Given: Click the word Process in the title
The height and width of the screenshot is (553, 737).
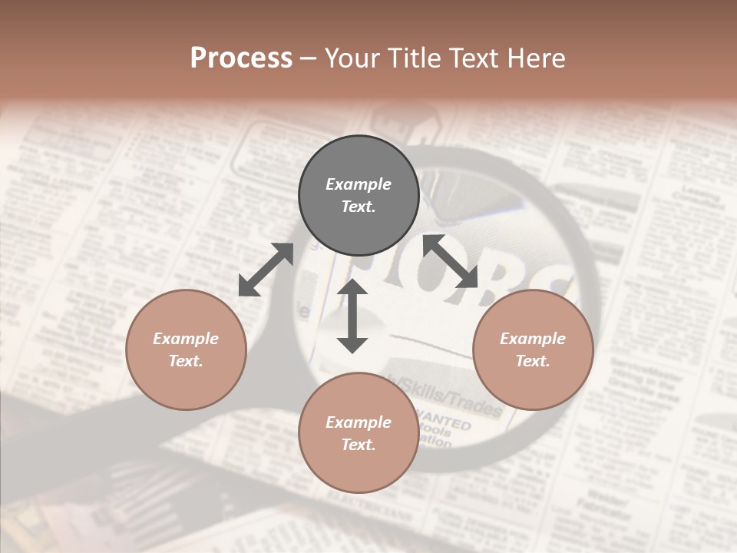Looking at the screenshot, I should coord(241,58).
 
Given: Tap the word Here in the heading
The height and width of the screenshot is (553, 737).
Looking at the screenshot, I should coord(535,58).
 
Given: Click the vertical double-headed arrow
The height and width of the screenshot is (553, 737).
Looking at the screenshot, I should coord(352,316).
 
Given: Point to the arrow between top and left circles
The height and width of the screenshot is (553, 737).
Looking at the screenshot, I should coord(266,270).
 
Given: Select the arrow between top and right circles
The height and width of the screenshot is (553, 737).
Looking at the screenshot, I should coord(451,261).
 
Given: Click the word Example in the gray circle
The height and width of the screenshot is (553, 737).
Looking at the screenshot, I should coord(359,184).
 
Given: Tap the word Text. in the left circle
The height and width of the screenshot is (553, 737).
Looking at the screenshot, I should coord(186,361).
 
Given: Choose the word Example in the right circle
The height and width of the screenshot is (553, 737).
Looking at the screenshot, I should coord(533,339).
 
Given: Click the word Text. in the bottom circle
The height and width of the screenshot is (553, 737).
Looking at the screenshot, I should coord(359,445).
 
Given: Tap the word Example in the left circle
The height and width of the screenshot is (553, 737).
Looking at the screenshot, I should coord(186,339).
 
